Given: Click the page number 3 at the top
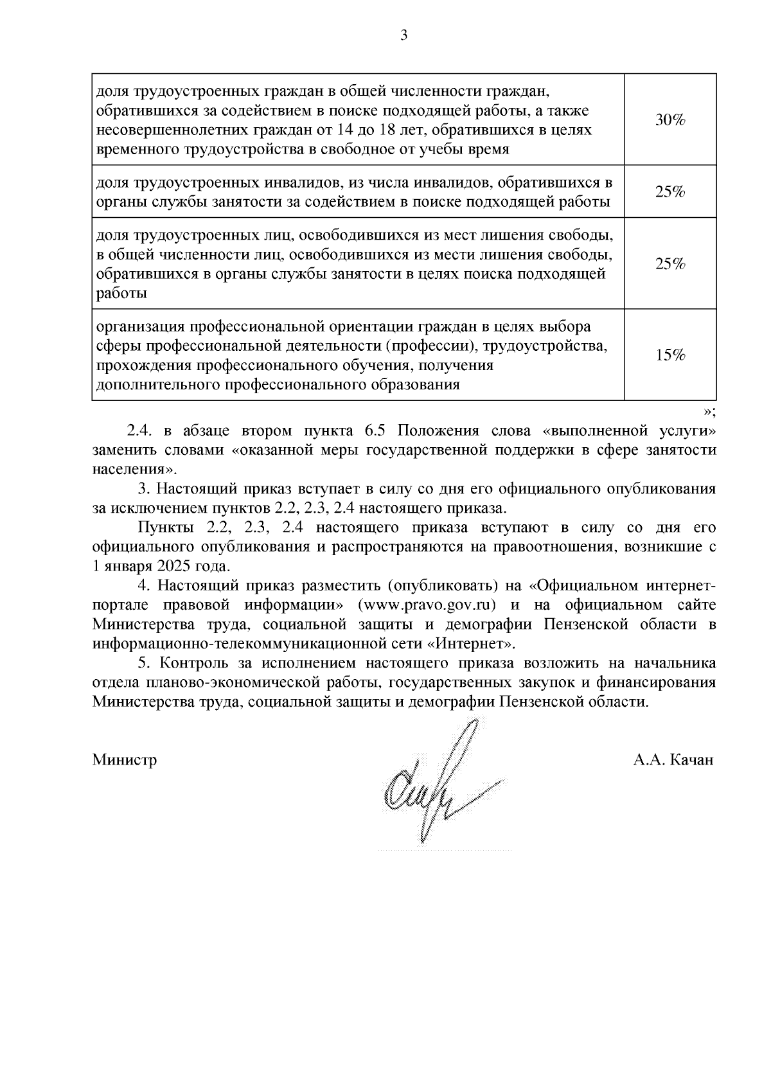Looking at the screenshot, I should tap(403, 36).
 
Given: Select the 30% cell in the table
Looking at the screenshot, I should tap(670, 120).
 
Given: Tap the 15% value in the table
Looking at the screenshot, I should tap(670, 355).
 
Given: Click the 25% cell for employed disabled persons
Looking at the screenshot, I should tap(670, 192).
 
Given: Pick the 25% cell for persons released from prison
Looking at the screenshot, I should tap(670, 264).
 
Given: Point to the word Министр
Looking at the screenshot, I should tap(125, 760).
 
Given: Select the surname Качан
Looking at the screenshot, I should tap(691, 760).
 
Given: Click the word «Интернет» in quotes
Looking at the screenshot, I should tap(472, 644).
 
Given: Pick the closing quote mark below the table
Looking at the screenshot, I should tap(709, 411).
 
